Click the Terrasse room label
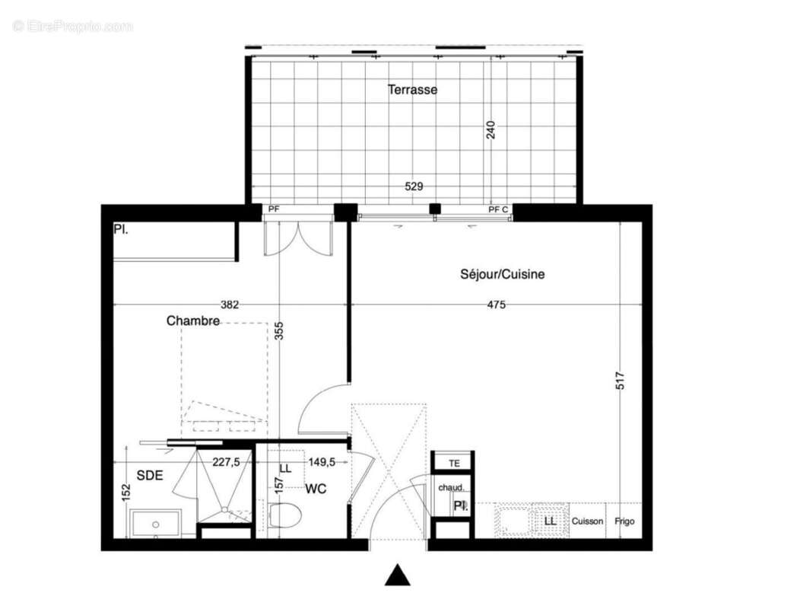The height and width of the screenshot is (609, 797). point(412,90)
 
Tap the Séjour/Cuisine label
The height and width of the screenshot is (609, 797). point(502,275)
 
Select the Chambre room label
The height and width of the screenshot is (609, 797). point(193,321)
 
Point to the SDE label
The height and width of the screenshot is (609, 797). point(149,475)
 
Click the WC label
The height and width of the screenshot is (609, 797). point(316,489)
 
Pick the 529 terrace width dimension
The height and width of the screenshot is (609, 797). point(414,186)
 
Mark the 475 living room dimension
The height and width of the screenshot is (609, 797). point(496,305)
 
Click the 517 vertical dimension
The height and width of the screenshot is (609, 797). point(621,381)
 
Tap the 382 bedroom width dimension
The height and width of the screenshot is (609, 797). point(230,305)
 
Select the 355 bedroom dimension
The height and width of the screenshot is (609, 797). point(279,330)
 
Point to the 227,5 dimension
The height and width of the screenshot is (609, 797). point(227,461)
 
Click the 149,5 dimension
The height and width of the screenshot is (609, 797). point(322,461)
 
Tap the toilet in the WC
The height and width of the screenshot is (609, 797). point(285,516)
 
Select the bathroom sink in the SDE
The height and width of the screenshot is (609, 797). point(155,524)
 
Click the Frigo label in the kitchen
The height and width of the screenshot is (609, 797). point(624,521)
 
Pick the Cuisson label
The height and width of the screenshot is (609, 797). point(587,521)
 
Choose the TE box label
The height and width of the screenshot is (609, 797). point(454,462)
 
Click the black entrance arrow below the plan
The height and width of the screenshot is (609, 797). point(397,576)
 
